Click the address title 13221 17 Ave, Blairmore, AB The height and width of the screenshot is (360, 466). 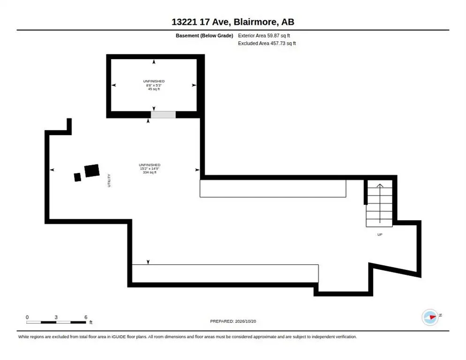[x=233, y=22]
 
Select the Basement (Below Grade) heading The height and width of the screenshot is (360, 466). [x=204, y=36]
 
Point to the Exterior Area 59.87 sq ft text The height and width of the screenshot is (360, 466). [x=264, y=36]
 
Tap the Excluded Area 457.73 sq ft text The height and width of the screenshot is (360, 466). [x=267, y=44]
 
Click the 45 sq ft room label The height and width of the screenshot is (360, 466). [x=154, y=89]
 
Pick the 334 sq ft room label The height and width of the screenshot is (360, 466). [x=150, y=172]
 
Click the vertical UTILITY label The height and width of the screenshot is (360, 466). [x=109, y=180]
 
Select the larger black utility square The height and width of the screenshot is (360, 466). [x=92, y=171]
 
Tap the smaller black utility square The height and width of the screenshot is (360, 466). [x=77, y=177]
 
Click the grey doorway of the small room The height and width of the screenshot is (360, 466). [x=163, y=115]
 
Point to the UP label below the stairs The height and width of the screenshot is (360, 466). [x=380, y=234]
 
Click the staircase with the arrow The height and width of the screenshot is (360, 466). [x=379, y=203]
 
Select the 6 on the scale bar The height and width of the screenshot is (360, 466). [x=86, y=317]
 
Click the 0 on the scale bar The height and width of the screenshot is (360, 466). [x=27, y=317]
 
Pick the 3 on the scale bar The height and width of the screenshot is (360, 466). [x=56, y=317]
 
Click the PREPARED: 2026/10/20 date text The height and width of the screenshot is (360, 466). [x=233, y=322]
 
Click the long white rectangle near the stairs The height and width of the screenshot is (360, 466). [x=273, y=188]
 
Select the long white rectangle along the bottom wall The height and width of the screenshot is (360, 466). [x=225, y=273]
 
